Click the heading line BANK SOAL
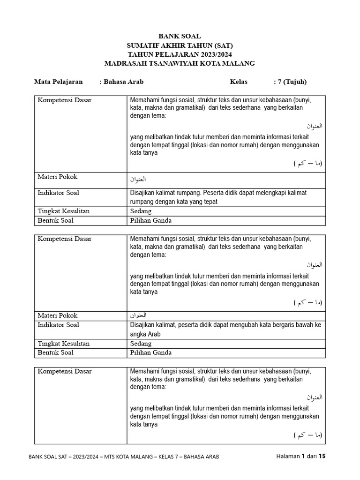[x=180, y=36]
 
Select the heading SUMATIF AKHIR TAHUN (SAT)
[x=180, y=45]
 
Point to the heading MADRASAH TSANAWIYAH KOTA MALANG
[x=180, y=63]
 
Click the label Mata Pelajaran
[x=58, y=82]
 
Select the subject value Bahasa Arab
[x=123, y=82]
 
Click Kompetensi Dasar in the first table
[x=64, y=100]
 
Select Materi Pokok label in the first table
[x=57, y=177]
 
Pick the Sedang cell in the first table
[x=141, y=211]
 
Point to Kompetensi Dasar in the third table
[x=64, y=371]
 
